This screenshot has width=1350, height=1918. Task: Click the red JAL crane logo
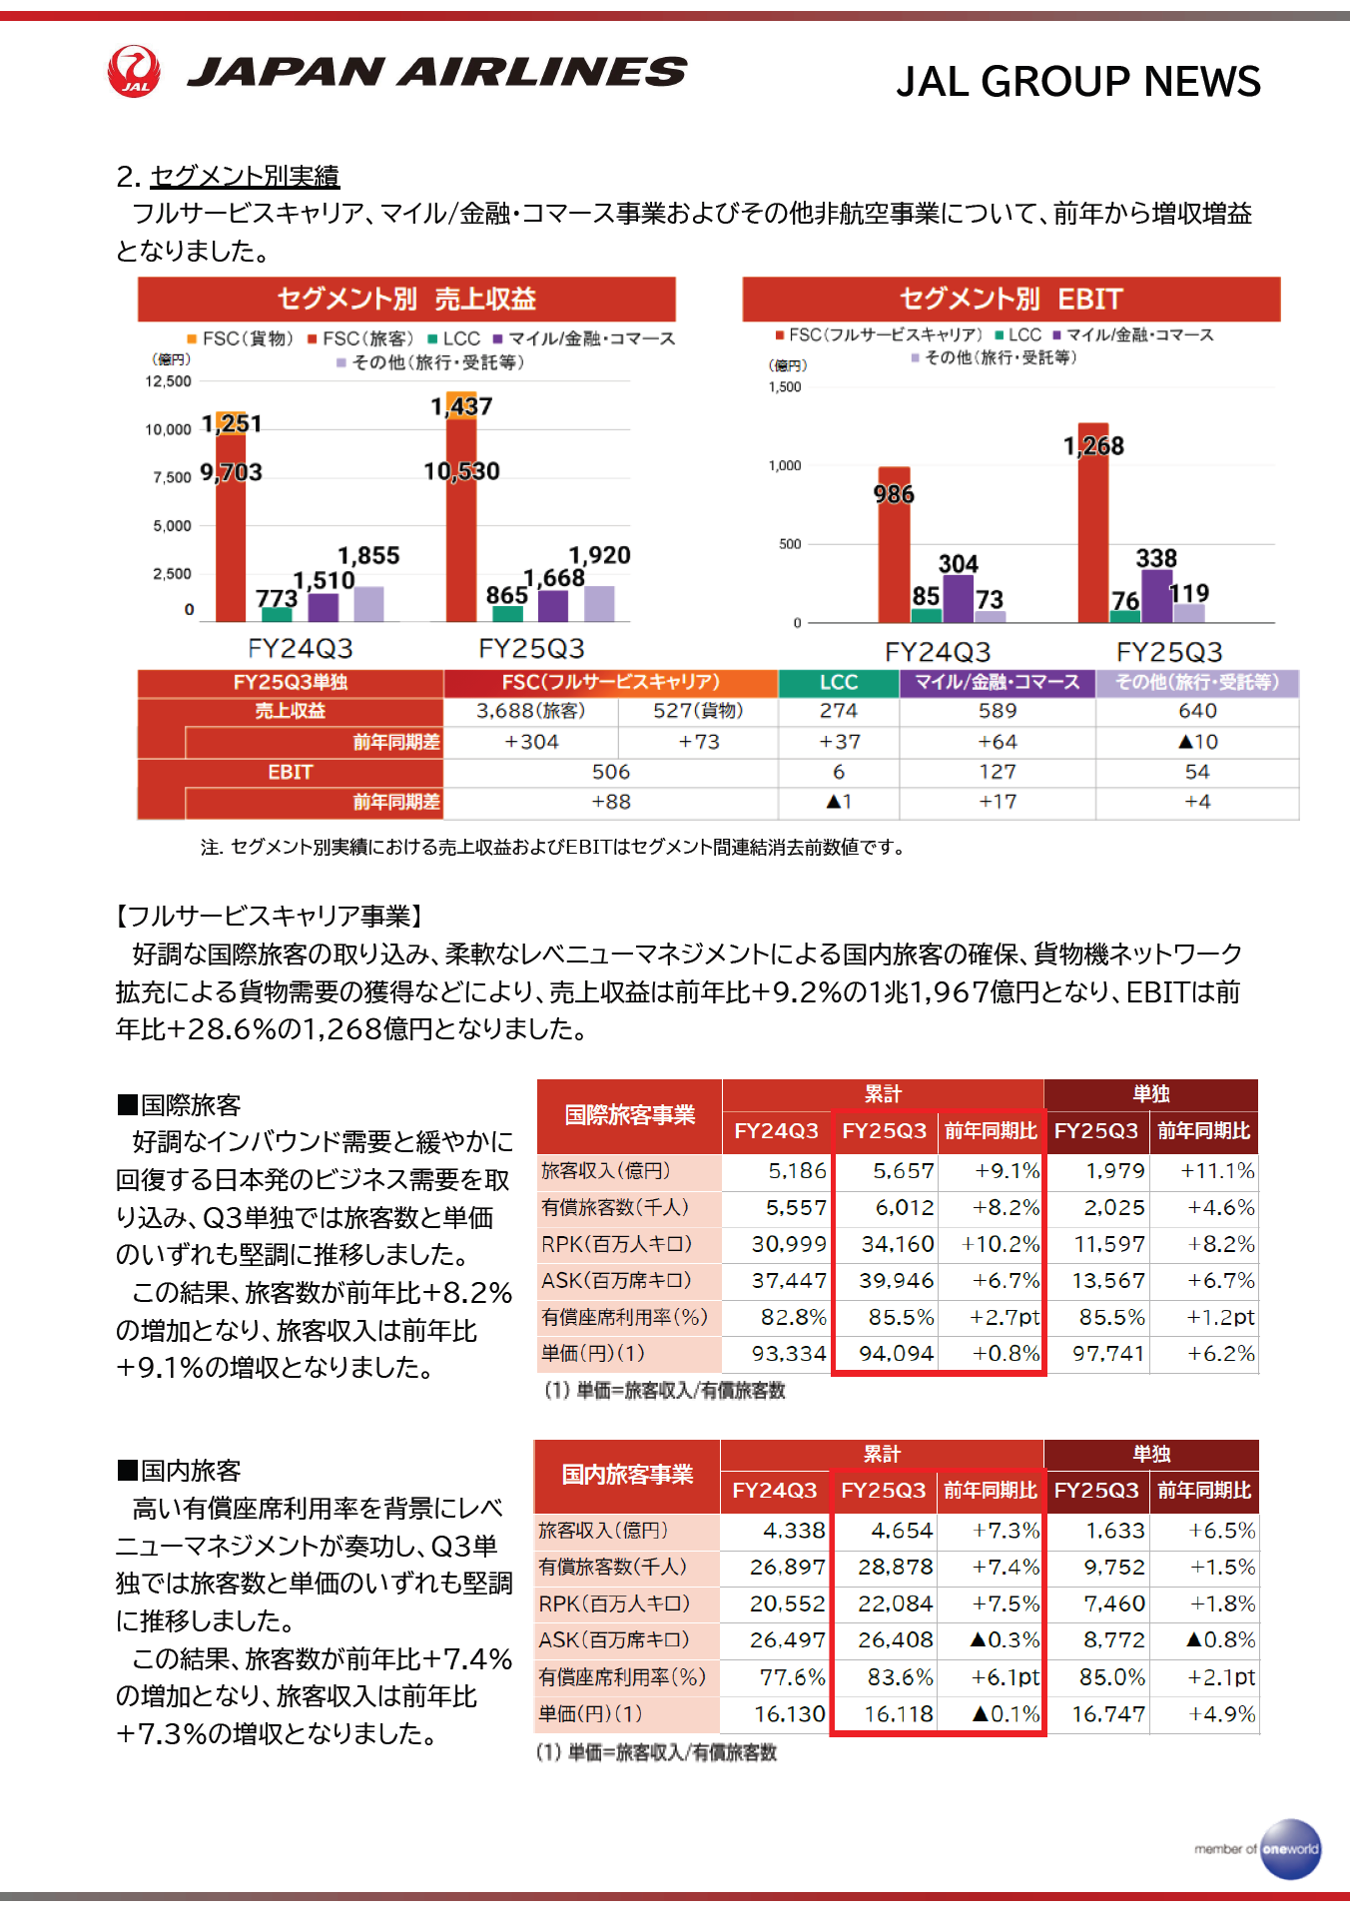tap(134, 71)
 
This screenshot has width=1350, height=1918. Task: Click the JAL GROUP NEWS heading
tap(1077, 81)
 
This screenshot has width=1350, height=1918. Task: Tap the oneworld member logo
tap(1289, 1848)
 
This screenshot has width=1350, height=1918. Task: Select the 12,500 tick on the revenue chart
tap(168, 381)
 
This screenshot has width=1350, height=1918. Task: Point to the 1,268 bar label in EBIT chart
tap(1093, 446)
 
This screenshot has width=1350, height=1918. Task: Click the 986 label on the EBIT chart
tap(894, 494)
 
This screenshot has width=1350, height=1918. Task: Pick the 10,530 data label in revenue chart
tap(461, 471)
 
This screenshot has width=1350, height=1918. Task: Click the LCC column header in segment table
tap(839, 682)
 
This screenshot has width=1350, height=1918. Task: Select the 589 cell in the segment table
tap(998, 711)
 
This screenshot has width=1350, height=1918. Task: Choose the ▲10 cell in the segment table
tap(1197, 742)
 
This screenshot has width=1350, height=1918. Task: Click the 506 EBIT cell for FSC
tap(610, 772)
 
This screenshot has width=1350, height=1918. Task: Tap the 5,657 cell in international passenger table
tap(904, 1171)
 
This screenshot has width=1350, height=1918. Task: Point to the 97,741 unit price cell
tap(1108, 1354)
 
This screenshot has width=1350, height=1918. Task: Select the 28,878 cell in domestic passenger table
tap(895, 1568)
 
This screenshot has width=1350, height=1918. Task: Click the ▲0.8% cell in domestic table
tap(1220, 1640)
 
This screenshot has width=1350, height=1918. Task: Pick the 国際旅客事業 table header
tap(629, 1115)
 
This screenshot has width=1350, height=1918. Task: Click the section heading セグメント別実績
tap(245, 177)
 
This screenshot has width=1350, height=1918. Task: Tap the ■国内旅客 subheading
tap(180, 1471)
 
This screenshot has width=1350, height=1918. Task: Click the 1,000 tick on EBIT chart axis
tap(785, 465)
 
